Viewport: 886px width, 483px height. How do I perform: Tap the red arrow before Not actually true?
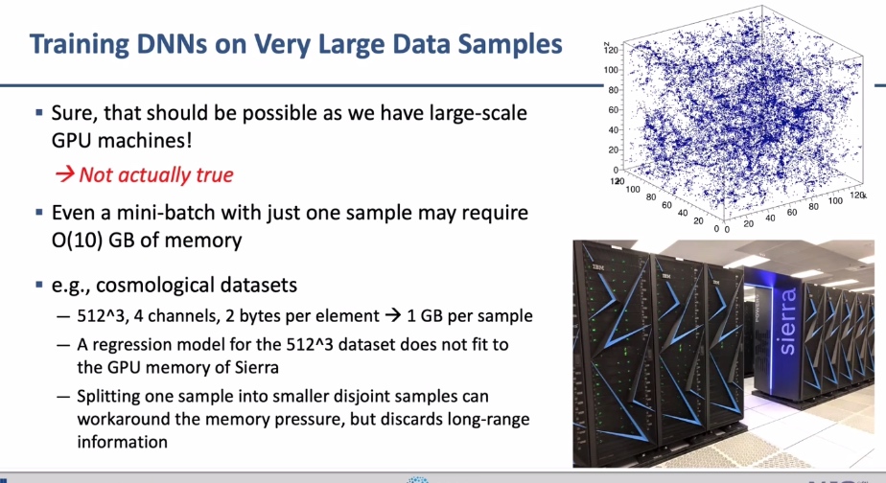pos(64,174)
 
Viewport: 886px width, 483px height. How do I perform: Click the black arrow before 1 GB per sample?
pos(393,315)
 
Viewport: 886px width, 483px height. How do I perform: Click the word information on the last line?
pos(123,442)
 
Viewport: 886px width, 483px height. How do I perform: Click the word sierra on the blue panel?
pos(787,321)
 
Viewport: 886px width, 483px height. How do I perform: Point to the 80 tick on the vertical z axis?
pos(614,90)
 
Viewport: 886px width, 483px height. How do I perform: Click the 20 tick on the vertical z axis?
pos(614,149)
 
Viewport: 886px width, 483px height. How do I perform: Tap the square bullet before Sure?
pos(39,112)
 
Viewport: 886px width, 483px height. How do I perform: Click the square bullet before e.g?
pos(39,285)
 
